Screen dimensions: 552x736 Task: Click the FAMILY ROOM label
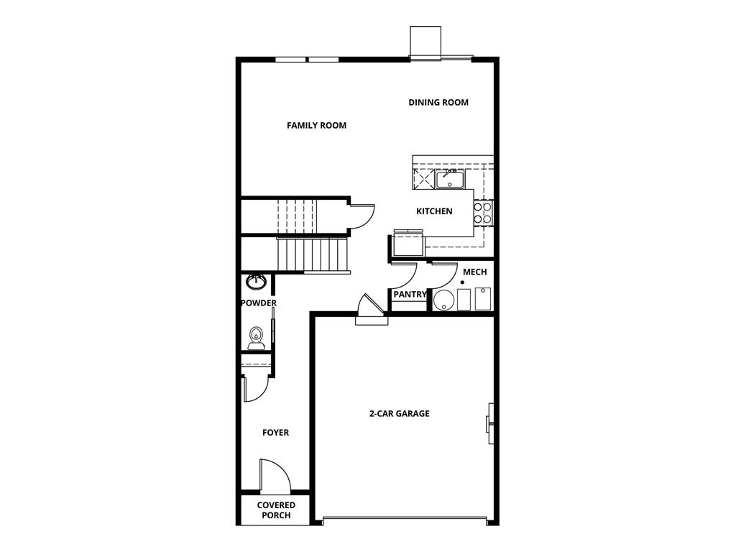[316, 126]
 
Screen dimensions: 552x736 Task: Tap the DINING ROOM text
[438, 103]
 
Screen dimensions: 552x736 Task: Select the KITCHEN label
[434, 211]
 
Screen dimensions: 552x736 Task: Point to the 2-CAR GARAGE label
[399, 414]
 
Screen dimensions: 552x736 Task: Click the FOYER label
[275, 433]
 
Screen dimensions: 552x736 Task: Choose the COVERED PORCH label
[276, 510]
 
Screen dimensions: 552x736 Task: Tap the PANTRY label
[410, 295]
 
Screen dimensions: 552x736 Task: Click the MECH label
[474, 272]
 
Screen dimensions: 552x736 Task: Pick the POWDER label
[258, 303]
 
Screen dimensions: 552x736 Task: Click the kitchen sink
[450, 178]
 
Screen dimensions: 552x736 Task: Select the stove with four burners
[483, 212]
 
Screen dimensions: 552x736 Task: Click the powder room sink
[257, 280]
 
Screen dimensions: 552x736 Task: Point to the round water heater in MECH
[443, 300]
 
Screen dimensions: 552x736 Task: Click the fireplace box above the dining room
[425, 40]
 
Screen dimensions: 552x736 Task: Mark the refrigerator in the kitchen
[408, 243]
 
